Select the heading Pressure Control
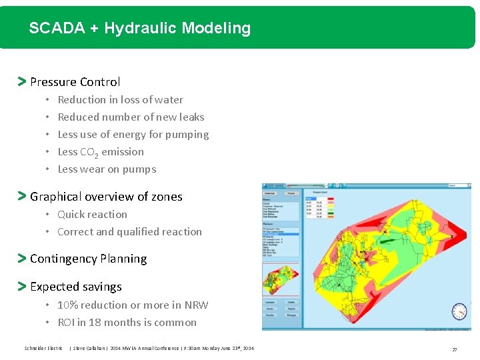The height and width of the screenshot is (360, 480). [75, 82]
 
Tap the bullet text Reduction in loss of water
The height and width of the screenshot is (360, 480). [120, 99]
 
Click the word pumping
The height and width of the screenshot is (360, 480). [189, 135]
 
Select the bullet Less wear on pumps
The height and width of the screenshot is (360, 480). [107, 169]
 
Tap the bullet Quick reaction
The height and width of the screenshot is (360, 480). [92, 214]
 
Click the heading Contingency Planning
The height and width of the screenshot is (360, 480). [88, 259]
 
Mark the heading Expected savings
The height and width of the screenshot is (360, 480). [75, 287]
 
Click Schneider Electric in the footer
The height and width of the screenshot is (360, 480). [43, 348]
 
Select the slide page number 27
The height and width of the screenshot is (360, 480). [455, 349]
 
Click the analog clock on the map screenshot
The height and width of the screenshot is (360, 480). [458, 311]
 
